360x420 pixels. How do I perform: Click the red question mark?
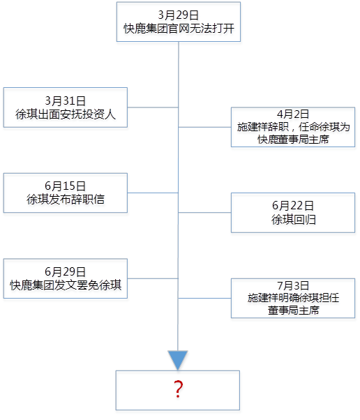pos(178,389)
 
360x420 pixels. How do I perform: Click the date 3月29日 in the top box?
pos(179,15)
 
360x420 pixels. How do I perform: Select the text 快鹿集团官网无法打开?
pos(179,29)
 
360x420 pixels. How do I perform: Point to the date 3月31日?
pos(66,100)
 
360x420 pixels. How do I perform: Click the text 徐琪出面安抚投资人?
pos(66,114)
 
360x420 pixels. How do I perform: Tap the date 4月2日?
pos(293,114)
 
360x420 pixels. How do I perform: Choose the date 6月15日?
pos(66,186)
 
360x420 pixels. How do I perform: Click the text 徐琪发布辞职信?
pos(66,200)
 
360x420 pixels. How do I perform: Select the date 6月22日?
pos(293,206)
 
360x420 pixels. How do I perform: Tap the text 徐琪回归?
pos(294,220)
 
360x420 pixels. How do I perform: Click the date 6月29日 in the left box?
pos(66,271)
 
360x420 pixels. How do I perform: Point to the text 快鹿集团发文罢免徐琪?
pos(66,285)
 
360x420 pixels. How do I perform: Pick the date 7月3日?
pos(293,285)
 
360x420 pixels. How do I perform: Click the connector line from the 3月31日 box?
pos(153,107)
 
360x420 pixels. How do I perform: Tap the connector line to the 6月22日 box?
pos(204,213)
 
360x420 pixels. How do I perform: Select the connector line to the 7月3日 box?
pos(204,298)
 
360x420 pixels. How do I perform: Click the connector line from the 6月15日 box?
pos(153,193)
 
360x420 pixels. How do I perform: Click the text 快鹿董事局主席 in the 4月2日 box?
pos(293,140)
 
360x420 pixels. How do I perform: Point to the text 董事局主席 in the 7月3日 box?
pos(294,310)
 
